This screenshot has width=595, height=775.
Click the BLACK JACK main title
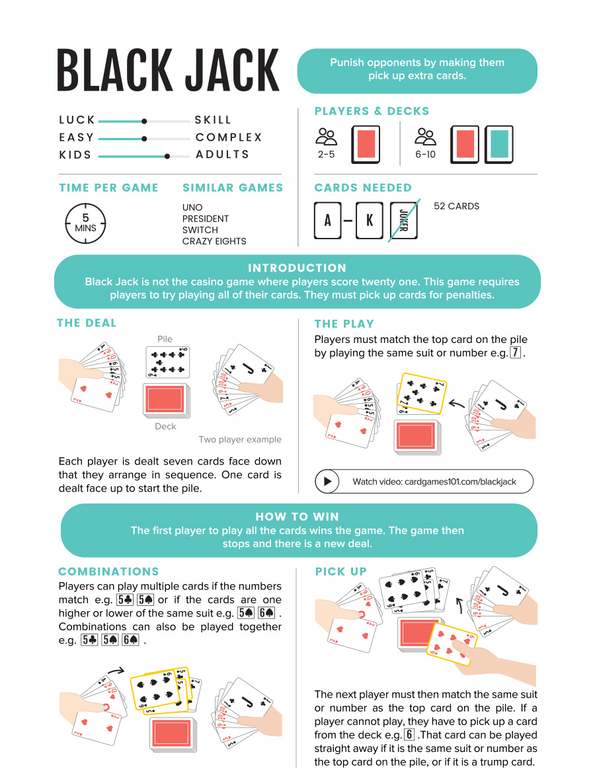tap(168, 70)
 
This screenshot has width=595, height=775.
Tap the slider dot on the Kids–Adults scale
tap(167, 156)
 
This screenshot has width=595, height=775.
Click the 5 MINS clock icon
tap(85, 223)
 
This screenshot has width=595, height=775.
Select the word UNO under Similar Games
tap(192, 207)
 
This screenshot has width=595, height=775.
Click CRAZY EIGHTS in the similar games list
tap(214, 241)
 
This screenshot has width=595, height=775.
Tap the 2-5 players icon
tap(326, 137)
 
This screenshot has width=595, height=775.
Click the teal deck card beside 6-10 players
tap(499, 144)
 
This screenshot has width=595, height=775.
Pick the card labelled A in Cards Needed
tap(327, 220)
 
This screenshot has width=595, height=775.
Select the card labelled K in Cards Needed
tap(370, 220)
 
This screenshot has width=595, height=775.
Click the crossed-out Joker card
tap(403, 220)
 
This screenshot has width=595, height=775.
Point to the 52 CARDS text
tap(456, 206)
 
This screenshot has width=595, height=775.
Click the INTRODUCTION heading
tap(297, 268)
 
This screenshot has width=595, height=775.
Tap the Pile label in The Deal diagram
tap(165, 339)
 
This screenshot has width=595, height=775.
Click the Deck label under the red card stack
tap(165, 426)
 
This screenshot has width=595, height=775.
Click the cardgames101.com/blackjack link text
tap(434, 482)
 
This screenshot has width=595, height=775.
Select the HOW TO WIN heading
tap(297, 517)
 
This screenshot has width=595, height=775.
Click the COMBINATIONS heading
tap(108, 572)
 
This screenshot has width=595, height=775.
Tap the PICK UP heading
tap(340, 572)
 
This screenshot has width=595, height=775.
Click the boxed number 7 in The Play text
tap(516, 353)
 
